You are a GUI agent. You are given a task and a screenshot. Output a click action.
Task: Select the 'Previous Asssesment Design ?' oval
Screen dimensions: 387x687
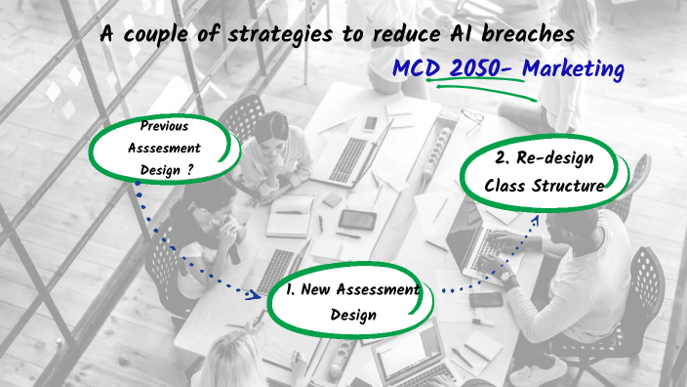coord(162,149)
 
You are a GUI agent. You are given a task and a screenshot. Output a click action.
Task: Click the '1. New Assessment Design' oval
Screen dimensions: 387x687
coord(352,301)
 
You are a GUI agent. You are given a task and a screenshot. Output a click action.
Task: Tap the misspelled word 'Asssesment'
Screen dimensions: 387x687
coord(164,148)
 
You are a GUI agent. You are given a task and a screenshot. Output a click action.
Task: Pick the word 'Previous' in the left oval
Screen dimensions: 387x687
coord(164,127)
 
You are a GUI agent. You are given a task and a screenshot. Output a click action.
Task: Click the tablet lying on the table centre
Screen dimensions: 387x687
coord(357,220)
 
